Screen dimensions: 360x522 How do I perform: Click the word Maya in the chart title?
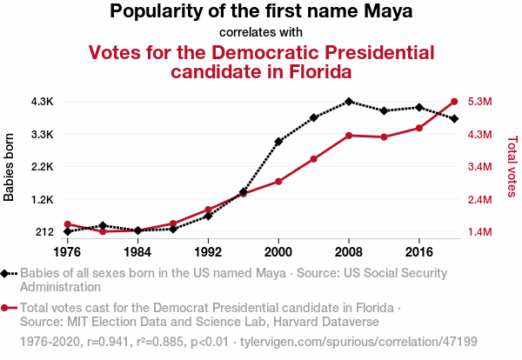[x=388, y=12]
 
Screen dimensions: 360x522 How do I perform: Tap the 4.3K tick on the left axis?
[x=42, y=102]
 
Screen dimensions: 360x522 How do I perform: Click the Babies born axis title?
[x=10, y=167]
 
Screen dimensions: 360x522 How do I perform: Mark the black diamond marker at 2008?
[x=349, y=102]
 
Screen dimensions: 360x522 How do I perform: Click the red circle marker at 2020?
[x=454, y=101]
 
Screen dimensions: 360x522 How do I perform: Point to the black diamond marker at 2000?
[x=278, y=141]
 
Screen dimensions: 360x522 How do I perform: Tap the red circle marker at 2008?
[x=349, y=136]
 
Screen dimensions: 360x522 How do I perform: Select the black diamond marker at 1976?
[x=67, y=231]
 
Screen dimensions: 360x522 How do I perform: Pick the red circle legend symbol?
[x=8, y=308]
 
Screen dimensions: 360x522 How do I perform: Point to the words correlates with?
[x=260, y=33]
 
